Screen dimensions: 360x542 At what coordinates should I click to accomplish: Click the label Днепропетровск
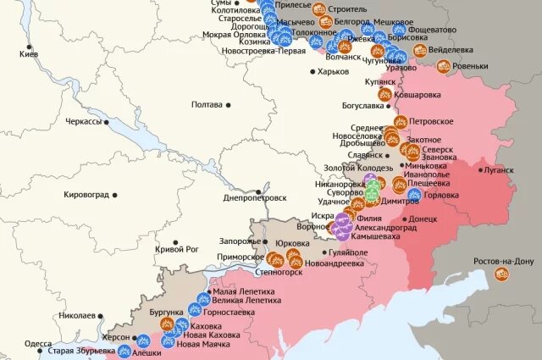pyautogui.click(x=255, y=197)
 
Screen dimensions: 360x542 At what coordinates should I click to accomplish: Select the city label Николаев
pyautogui.click(x=77, y=315)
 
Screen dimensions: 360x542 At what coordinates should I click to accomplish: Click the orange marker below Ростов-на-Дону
pyautogui.click(x=502, y=274)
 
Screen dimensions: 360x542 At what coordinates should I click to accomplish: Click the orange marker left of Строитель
pyautogui.click(x=319, y=9)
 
